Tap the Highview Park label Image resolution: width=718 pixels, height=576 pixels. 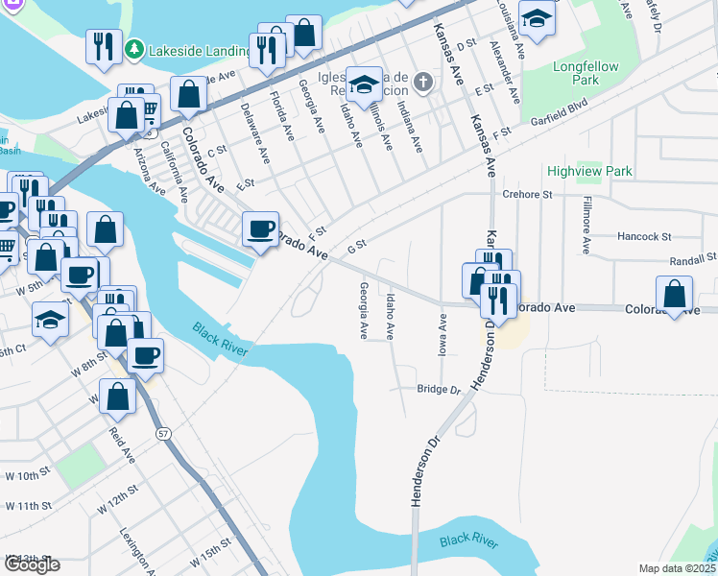[589, 171]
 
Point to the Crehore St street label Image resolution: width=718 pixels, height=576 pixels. [528, 194]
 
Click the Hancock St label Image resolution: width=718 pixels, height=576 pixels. [644, 236]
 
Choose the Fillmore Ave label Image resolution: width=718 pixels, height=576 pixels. [585, 225]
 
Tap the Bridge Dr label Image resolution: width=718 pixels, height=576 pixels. [440, 390]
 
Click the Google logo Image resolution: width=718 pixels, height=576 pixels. [32, 564]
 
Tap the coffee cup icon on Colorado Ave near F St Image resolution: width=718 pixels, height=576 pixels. [261, 229]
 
